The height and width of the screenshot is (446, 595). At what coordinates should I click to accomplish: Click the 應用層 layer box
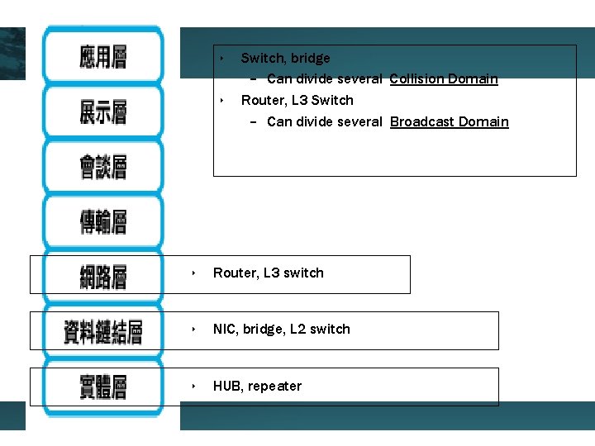point(103,57)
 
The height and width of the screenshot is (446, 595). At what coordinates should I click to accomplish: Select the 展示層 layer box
point(103,111)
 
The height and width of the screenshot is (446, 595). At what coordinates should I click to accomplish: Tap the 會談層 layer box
point(103,167)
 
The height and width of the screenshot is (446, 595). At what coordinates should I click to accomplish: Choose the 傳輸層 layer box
point(103,221)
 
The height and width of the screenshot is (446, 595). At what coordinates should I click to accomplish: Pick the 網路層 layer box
point(103,276)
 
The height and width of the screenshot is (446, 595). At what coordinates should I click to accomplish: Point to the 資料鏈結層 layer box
point(103,331)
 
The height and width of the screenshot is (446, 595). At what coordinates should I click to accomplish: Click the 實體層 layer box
point(103,386)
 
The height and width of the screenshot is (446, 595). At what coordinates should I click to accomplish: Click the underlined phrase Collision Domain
point(444,79)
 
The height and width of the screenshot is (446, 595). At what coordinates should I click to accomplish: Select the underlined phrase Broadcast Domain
point(450,122)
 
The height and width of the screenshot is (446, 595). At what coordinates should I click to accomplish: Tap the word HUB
point(226,386)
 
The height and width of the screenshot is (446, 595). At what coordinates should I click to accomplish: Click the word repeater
point(275,386)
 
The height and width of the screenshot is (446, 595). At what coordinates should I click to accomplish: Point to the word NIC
point(224,329)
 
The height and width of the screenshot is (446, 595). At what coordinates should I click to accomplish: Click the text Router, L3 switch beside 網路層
point(269,273)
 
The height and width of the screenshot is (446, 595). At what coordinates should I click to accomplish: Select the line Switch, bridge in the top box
point(285,58)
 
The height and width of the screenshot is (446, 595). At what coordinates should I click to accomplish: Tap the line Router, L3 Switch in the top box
point(297,100)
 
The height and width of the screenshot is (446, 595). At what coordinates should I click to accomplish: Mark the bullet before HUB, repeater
point(193,386)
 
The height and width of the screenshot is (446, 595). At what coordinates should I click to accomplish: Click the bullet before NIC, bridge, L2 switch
point(193,329)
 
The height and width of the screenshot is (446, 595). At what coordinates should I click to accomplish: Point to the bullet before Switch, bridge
point(221,58)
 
